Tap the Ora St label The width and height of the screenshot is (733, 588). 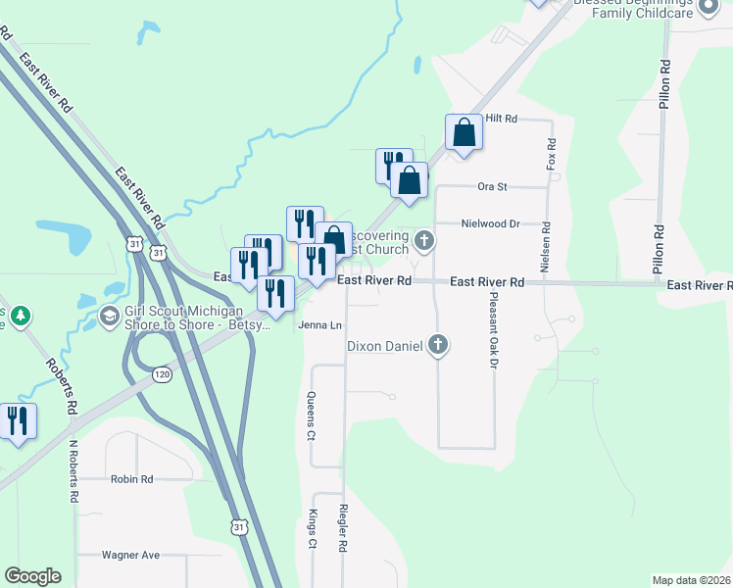(x=491, y=185)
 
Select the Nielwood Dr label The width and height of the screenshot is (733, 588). (x=490, y=223)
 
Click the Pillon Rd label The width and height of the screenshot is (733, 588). (x=664, y=82)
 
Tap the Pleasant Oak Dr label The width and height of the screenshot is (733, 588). (x=494, y=334)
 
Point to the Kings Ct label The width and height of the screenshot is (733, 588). (x=312, y=530)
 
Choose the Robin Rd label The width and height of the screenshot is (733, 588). (x=132, y=480)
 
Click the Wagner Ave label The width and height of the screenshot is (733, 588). (x=130, y=555)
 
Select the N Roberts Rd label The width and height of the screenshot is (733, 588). (x=73, y=470)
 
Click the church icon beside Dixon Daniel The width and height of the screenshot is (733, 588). (x=438, y=345)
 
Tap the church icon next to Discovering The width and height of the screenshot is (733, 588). (x=424, y=239)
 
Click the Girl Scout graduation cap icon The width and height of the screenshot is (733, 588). (x=109, y=316)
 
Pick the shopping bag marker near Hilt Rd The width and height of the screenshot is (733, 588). (x=464, y=132)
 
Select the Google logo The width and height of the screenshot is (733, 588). (x=32, y=576)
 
